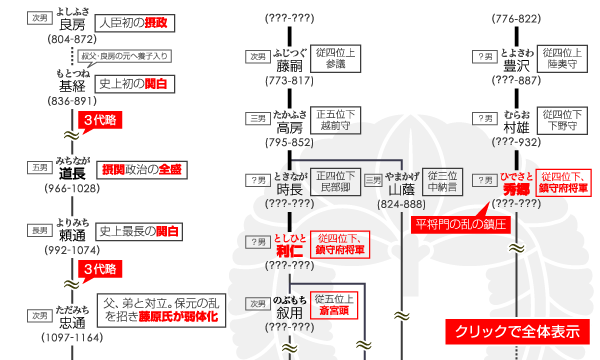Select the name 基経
point(72,87)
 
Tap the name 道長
point(72,171)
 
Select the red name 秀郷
point(516,187)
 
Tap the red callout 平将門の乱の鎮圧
point(462,221)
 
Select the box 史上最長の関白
point(142,231)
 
